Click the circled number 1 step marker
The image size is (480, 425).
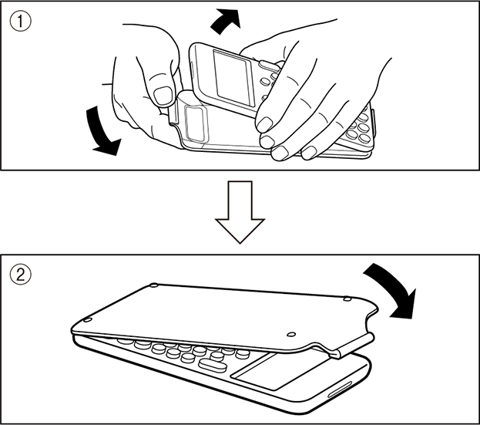coord(21,21)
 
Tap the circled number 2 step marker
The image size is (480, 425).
coord(21,275)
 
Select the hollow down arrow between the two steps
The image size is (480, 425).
coord(240,212)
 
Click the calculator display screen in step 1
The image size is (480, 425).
coord(233,78)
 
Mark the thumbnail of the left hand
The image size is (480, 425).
coord(163,95)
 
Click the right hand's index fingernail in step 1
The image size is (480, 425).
coord(264,124)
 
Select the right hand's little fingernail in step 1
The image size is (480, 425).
coord(309,153)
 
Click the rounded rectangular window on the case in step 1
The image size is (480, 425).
coord(196,123)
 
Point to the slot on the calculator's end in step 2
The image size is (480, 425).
coord(340,390)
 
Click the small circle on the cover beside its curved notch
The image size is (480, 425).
coord(292,334)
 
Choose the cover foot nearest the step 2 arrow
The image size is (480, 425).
coord(347,299)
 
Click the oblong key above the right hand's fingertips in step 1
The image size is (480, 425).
coord(267,65)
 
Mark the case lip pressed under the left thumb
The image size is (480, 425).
coord(173,114)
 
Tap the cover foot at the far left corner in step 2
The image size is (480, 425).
coord(88,320)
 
